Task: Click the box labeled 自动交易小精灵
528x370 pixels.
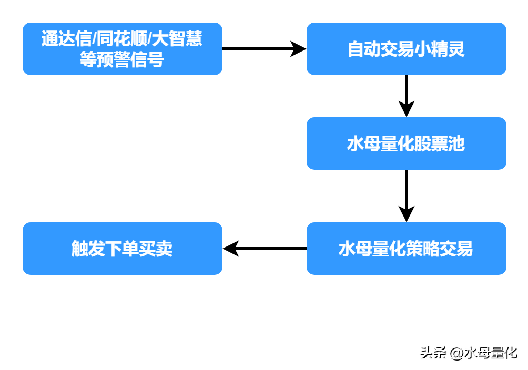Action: tap(406, 49)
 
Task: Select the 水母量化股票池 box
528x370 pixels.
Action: tap(406, 143)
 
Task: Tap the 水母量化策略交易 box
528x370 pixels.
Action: tap(406, 249)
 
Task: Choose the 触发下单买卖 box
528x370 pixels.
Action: tap(122, 249)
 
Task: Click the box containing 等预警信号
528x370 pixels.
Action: tap(122, 49)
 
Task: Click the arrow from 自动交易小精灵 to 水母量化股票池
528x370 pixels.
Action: tap(406, 96)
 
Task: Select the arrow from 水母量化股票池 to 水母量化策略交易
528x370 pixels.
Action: tap(406, 196)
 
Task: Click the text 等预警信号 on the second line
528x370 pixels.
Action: tap(122, 59)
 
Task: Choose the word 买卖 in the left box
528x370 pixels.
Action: tap(156, 249)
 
